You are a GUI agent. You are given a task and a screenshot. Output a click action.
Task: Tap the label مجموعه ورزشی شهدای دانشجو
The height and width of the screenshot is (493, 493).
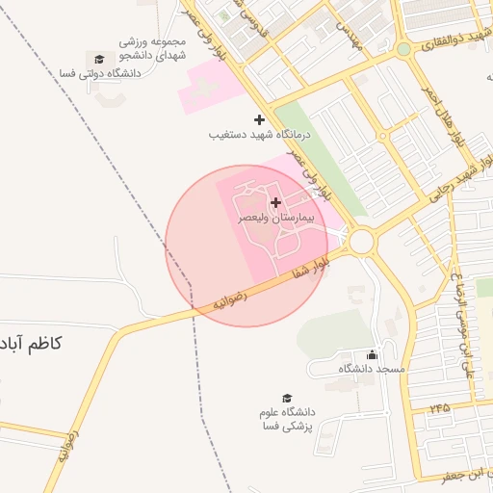(x=153, y=49)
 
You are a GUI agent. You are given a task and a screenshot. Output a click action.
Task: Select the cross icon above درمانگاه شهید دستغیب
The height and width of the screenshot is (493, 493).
(x=258, y=119)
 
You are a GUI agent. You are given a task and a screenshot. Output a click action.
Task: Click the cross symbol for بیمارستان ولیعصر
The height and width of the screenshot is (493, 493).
(x=277, y=202)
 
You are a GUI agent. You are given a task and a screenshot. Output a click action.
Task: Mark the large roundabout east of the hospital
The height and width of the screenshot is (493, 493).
(x=362, y=242)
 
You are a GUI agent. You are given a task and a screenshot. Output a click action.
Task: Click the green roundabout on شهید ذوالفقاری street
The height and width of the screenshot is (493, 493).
(x=403, y=48)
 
